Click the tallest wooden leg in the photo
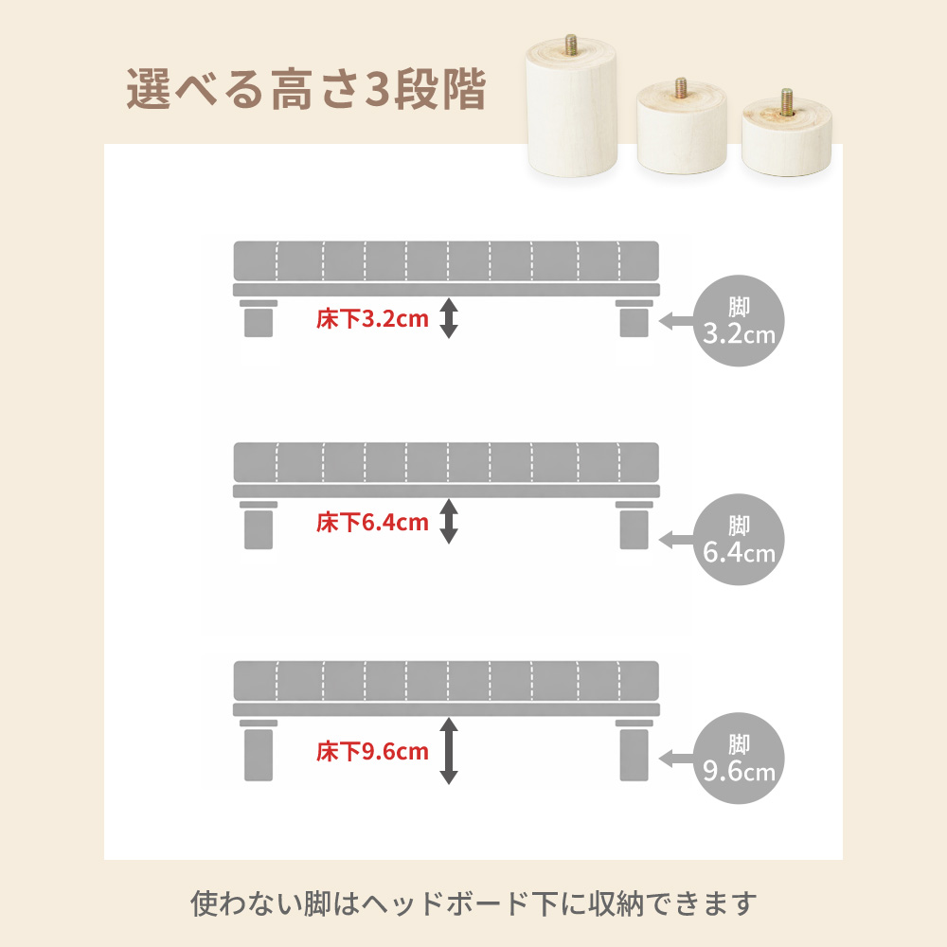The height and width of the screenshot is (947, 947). [x=571, y=109]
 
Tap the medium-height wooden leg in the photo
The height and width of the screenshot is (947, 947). [x=682, y=128]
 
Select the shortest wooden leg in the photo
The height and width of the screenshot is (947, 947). [x=786, y=135]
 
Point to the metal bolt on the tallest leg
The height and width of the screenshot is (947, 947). [x=571, y=45]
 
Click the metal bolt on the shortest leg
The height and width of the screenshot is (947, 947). [x=786, y=101]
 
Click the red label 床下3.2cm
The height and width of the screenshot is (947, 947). [x=372, y=319]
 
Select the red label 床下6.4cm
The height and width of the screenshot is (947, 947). [x=372, y=523]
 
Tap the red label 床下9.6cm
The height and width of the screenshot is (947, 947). [x=372, y=751]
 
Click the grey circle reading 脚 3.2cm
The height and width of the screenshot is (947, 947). [x=739, y=321]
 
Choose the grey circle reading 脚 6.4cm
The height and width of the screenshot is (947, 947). [x=739, y=540]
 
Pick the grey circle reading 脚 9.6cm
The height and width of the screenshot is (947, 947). [x=739, y=758]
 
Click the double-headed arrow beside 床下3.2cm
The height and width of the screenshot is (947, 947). [x=448, y=317]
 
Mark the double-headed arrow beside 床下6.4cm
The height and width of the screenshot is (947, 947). [x=448, y=521]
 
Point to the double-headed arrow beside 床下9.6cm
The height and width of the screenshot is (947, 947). [x=448, y=751]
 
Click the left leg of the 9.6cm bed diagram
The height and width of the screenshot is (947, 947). [x=259, y=750]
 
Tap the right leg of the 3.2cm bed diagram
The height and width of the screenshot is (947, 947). [x=634, y=318]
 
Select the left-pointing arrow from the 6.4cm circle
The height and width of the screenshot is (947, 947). [x=677, y=540]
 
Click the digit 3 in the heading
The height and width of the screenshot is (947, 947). [x=378, y=89]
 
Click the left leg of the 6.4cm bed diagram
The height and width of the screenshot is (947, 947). [x=259, y=526]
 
